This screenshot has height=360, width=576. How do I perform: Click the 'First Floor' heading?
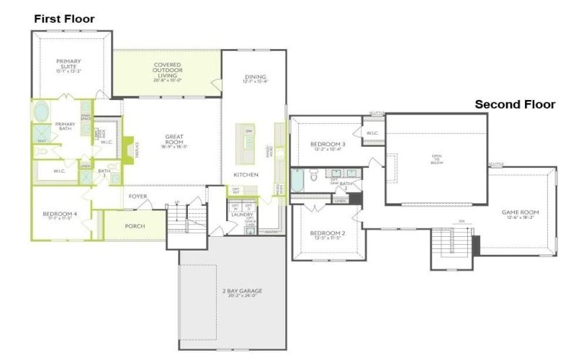pyautogui.click(x=64, y=18)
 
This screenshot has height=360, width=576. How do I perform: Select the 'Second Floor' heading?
pyautogui.click(x=514, y=104)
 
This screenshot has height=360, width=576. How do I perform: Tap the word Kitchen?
pyautogui.click(x=246, y=175)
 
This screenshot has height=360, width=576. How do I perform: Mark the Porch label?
pyautogui.click(x=135, y=226)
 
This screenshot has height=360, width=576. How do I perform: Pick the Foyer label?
pyautogui.click(x=138, y=197)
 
